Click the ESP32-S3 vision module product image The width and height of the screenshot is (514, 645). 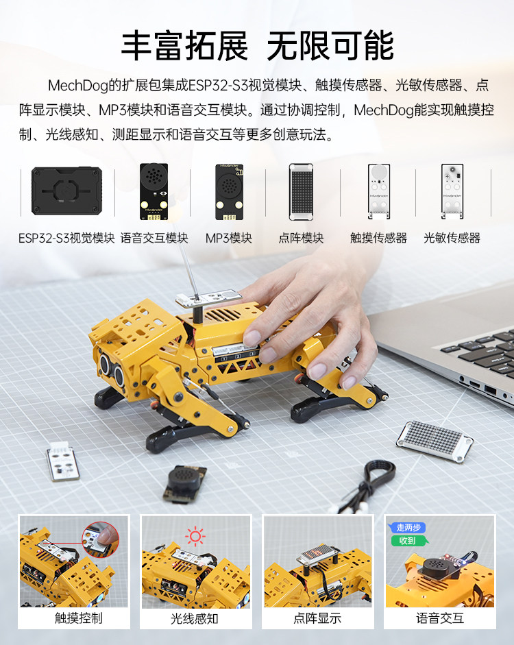pos(66,191)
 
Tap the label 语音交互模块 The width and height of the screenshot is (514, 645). pos(154,239)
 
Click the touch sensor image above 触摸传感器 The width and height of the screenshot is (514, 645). pos(378,192)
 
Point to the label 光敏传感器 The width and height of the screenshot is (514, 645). pos(452,239)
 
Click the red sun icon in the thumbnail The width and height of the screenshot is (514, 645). pos(197,535)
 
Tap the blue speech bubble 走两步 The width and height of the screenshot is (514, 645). pos(408,528)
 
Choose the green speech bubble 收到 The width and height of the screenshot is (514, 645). pos(407,541)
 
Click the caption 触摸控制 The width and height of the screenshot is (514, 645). pos(79,618)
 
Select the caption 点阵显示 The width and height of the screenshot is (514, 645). pos(317,618)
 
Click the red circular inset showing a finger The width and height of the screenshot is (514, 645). pos(100,539)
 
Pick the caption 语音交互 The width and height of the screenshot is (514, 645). pos(440,618)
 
